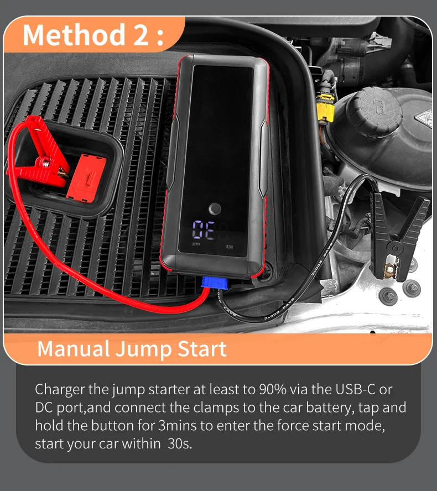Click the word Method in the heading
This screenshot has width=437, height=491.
point(74,35)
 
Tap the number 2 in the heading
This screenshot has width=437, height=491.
point(141,35)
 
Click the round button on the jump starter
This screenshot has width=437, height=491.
point(215,209)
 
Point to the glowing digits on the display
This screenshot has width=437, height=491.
point(204,230)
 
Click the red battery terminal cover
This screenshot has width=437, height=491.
point(86,178)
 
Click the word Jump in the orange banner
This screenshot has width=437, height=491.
point(143,349)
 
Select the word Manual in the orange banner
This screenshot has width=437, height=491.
point(74,348)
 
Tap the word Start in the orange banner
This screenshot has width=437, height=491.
point(202,348)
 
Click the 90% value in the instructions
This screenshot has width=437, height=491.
point(273,389)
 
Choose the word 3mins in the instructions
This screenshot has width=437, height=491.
point(178,426)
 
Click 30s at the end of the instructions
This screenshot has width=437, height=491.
point(179,443)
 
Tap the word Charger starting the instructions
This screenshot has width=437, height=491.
point(60,390)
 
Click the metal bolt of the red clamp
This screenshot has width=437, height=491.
point(46,162)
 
